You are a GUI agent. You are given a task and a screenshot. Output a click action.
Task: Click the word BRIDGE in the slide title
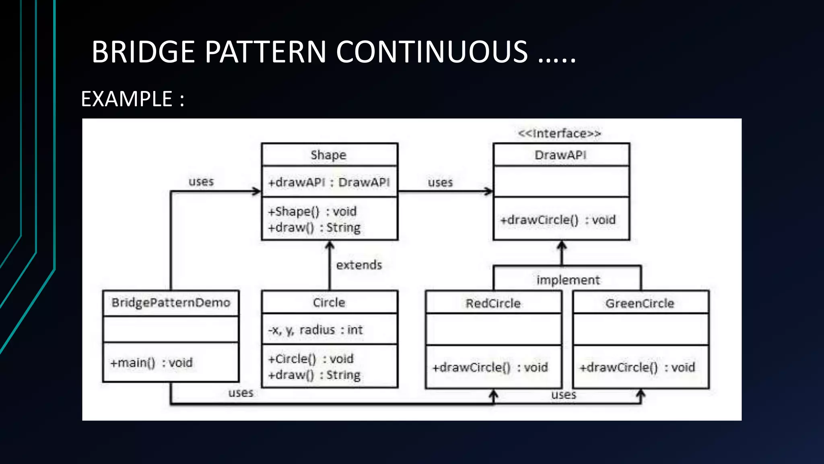[143, 52]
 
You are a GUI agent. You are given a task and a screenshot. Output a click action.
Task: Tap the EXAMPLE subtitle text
[127, 99]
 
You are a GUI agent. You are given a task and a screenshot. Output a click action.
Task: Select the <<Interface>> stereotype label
[559, 133]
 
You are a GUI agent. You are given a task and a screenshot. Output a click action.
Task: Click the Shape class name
[328, 155]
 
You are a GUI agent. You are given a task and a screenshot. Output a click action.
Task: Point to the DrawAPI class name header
[560, 155]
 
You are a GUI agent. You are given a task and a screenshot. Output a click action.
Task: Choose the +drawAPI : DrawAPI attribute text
[329, 182]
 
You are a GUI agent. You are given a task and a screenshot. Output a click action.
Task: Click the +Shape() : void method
[312, 211]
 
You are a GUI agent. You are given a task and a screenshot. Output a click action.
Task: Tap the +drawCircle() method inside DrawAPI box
[558, 220]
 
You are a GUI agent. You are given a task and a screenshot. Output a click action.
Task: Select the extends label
[359, 265]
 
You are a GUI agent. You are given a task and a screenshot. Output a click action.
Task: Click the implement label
[568, 280]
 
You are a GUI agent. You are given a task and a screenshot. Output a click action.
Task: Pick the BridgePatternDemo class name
[171, 302]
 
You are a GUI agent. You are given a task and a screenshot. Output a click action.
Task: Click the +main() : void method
[151, 363]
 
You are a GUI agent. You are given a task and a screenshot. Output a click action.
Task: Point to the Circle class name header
[329, 302]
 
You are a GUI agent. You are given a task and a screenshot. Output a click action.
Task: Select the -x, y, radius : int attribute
[315, 330]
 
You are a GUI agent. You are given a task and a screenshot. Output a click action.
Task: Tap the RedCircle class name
[493, 303]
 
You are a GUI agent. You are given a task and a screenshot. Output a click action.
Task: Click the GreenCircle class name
[640, 303]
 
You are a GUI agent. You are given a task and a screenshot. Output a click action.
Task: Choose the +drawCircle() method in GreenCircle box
[637, 367]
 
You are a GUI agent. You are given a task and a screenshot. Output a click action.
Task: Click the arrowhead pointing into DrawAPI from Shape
[488, 191]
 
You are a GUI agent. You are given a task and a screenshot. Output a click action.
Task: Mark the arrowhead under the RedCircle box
[493, 394]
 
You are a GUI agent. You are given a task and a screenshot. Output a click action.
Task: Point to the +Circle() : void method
[311, 359]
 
